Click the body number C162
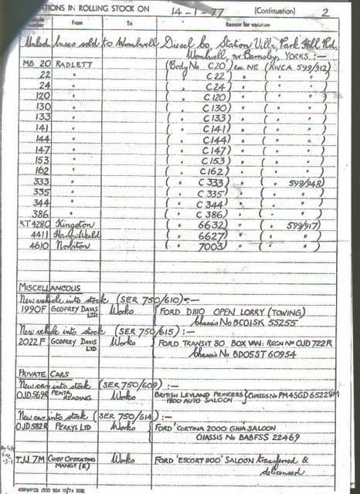(x=211, y=171)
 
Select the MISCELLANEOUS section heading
(x=49, y=287)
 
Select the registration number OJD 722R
(x=305, y=342)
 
